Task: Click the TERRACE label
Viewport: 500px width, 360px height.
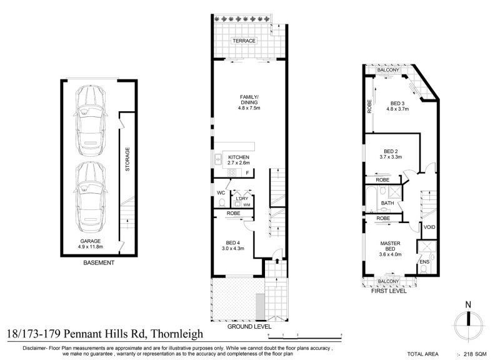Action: pos(244,41)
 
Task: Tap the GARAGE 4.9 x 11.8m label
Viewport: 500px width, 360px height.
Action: pos(90,244)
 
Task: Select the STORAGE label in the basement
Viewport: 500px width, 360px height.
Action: pos(127,159)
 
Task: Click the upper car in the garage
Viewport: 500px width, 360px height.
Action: pos(91,121)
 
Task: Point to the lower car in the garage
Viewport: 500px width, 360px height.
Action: pos(91,197)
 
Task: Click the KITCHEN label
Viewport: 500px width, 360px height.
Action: pos(239,157)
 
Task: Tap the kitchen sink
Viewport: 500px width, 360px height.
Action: pos(218,159)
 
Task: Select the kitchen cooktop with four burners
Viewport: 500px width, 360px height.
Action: pos(232,173)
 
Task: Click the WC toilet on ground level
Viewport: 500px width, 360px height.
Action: pos(222,202)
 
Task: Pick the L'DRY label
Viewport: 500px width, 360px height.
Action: pos(242,198)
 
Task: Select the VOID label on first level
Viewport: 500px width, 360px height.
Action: pos(429,227)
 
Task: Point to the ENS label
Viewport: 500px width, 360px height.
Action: pos(424,262)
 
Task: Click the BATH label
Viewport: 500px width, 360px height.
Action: pos(387,202)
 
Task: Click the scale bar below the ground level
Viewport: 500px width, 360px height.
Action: pos(305,335)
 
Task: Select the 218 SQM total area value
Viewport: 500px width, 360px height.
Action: pos(475,354)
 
